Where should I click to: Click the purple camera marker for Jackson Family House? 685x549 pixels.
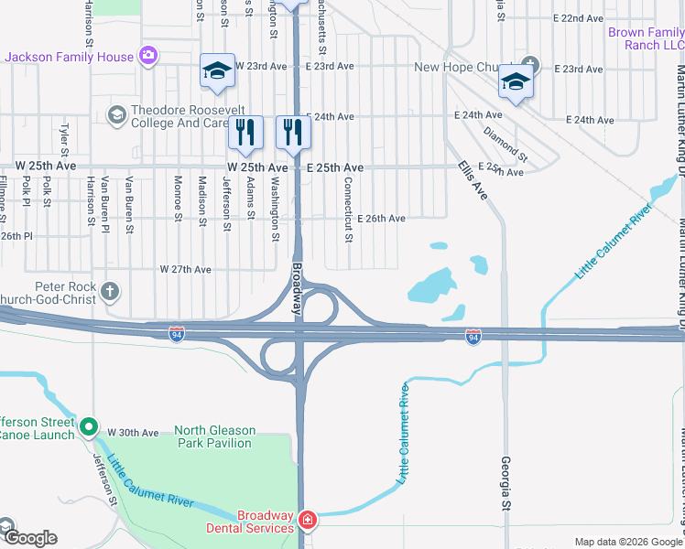point(148,57)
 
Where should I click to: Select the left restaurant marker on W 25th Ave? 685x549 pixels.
point(245,133)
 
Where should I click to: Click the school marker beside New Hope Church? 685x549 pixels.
point(516,83)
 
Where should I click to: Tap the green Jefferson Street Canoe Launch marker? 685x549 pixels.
point(89,426)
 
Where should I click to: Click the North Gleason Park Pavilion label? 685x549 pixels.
point(212,436)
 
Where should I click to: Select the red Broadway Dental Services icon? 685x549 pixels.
point(309,522)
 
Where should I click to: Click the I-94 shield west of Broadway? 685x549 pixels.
point(177,335)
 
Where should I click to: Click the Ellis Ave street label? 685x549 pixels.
point(474,181)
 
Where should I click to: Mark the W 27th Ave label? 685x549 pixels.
point(186,269)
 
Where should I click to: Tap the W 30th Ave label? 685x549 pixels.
point(134,432)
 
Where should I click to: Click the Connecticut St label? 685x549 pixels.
point(349,210)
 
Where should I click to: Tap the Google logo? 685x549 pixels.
point(30,538)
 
